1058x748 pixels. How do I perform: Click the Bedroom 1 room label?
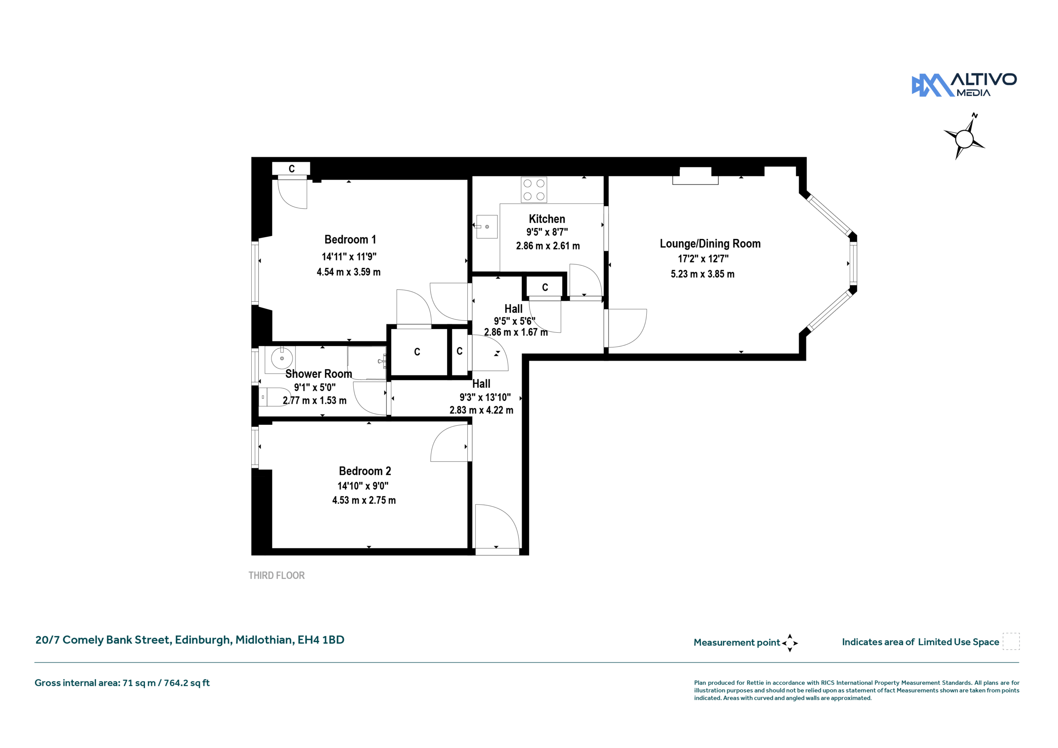click(x=350, y=240)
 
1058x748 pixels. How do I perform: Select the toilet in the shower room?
click(x=275, y=397)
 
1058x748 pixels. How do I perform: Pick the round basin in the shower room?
click(x=281, y=358)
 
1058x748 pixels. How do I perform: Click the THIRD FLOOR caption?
click(x=276, y=576)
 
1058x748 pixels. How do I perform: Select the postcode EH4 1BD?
click(x=321, y=640)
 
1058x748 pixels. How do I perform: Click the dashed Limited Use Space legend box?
click(x=1011, y=641)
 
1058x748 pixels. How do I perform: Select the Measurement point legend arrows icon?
click(x=789, y=643)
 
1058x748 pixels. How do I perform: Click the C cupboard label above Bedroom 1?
click(x=291, y=169)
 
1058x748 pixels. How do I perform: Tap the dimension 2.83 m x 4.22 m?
click(x=481, y=410)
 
